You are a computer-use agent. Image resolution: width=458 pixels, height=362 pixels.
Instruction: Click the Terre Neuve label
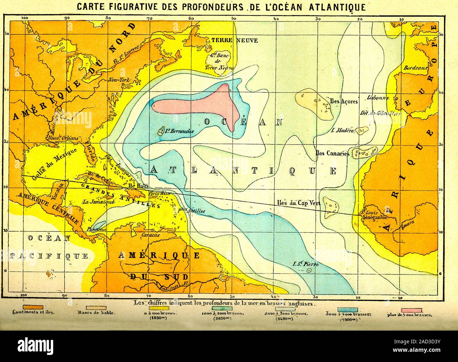234,40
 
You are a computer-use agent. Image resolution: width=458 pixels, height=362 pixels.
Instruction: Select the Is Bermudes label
179,131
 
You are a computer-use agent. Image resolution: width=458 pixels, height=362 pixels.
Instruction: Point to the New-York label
119,80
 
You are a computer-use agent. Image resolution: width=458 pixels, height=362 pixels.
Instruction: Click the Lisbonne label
377,98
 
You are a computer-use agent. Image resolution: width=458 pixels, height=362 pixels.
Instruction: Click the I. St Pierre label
305,264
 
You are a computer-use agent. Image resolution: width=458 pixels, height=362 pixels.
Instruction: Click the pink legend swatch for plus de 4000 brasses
409,310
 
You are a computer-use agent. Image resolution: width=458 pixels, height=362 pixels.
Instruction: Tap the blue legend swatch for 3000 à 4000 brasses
348,310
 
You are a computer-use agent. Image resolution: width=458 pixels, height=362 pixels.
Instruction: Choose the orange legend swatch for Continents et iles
33,307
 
